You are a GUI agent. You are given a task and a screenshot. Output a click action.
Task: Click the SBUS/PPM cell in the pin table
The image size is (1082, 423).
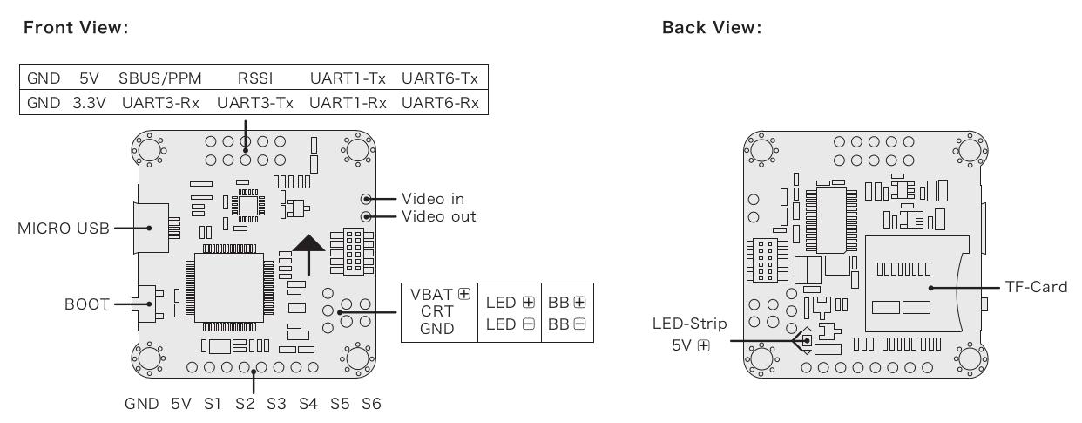click(160, 78)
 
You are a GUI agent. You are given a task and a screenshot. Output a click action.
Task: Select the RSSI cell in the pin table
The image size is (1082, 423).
click(255, 78)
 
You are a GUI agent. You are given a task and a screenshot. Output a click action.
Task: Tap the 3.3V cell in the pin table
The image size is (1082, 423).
click(90, 103)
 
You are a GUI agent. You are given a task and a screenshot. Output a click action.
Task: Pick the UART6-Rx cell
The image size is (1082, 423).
click(440, 103)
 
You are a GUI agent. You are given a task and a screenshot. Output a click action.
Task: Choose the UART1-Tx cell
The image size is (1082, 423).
click(348, 78)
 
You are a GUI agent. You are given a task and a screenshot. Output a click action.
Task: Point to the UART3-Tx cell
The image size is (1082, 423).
click(255, 103)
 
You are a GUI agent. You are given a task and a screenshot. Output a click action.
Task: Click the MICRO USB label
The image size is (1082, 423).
click(64, 229)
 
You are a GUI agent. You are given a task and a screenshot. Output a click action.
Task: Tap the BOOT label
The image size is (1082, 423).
click(87, 304)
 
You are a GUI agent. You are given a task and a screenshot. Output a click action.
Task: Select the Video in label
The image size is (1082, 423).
click(433, 199)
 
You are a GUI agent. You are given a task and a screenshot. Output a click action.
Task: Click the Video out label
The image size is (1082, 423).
click(438, 216)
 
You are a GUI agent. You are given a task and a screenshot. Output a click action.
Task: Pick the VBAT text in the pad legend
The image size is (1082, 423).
click(431, 295)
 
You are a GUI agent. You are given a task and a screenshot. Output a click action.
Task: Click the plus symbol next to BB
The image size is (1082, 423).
click(579, 303)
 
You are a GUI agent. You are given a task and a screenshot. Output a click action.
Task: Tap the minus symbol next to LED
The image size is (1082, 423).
click(529, 324)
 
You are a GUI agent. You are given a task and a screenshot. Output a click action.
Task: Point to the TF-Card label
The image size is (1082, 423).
click(1036, 287)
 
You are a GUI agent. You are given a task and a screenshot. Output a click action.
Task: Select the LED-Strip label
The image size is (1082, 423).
click(690, 324)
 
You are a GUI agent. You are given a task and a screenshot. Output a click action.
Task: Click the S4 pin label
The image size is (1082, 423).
click(308, 404)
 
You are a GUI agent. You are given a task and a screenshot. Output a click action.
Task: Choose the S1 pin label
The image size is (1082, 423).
click(212, 404)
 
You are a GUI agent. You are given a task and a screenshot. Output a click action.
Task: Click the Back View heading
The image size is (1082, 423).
click(712, 28)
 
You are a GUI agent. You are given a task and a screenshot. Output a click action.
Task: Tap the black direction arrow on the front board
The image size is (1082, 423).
click(308, 256)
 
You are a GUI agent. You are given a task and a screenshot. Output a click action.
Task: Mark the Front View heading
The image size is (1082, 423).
click(76, 28)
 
